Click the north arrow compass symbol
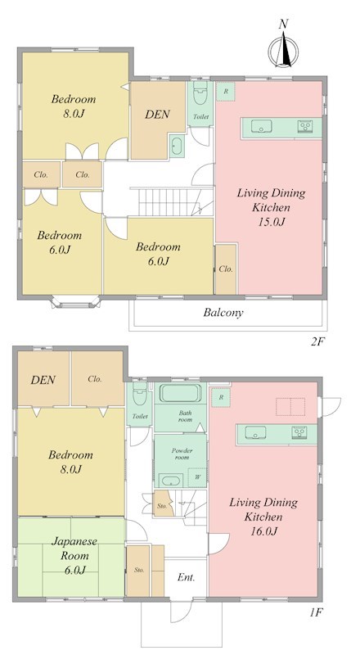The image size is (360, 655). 283,51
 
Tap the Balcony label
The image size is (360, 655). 223,313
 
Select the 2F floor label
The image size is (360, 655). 317,341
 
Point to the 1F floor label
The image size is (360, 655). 316,612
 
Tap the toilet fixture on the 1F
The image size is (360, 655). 140,395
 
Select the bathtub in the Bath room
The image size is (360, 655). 182,393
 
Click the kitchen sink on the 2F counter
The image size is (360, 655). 262,125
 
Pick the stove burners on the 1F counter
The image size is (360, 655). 299,431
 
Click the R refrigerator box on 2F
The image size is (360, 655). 226,91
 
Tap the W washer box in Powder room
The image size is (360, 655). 197,477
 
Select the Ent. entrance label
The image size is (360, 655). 187,577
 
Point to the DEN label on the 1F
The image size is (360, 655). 43,380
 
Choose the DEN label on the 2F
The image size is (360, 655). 157,114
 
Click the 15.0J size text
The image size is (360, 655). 271,222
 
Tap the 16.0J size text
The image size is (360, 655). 263,531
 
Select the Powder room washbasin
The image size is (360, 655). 171,481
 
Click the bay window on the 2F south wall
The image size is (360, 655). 75,302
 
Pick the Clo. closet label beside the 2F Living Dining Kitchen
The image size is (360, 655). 226,269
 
